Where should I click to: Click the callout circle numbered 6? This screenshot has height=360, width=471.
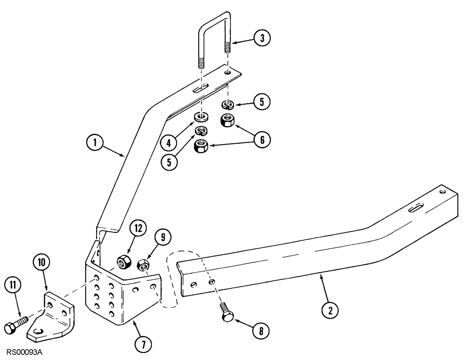[x=263, y=139]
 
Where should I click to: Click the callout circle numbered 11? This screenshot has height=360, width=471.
[x=12, y=285]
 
